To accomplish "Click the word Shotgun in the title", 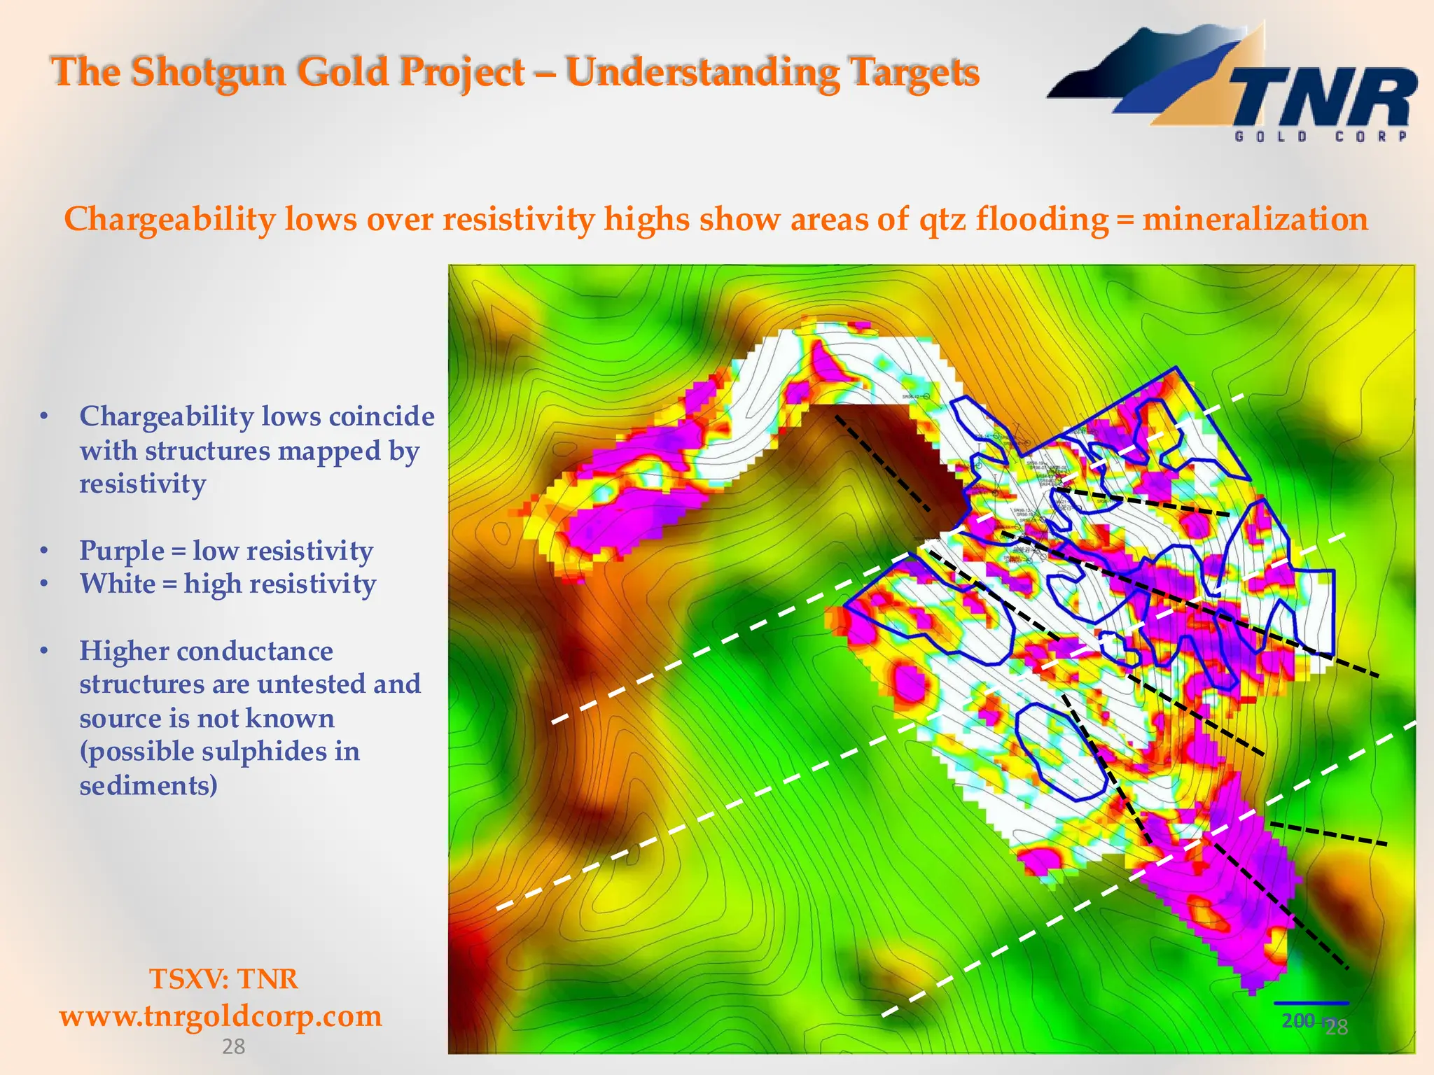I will tap(209, 72).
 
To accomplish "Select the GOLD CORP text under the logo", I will tap(1320, 136).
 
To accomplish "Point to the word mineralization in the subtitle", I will tap(1255, 219).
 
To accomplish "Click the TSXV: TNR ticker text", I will tap(223, 978).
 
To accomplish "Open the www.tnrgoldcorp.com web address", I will tap(221, 1016).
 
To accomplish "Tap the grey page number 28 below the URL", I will tap(233, 1046).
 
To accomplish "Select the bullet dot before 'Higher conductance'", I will tap(44, 652).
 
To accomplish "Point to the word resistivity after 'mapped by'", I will tap(142, 484).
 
